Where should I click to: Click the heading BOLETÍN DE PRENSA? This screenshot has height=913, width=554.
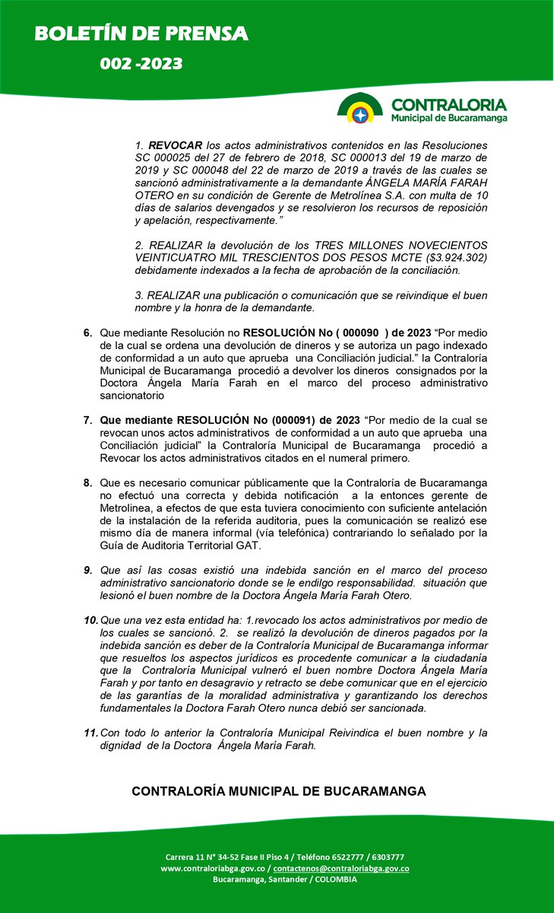142,33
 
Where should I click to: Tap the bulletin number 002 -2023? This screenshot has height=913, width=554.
141,64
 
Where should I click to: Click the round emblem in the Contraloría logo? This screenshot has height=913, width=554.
360,108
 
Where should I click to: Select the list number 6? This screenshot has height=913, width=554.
87,332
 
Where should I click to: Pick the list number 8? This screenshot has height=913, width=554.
87,482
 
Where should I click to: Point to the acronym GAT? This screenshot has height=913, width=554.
249,546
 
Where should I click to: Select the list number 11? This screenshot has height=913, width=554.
90,733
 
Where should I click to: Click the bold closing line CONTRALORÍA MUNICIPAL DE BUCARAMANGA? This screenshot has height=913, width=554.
278,791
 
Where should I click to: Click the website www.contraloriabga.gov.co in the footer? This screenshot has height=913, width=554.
214,868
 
